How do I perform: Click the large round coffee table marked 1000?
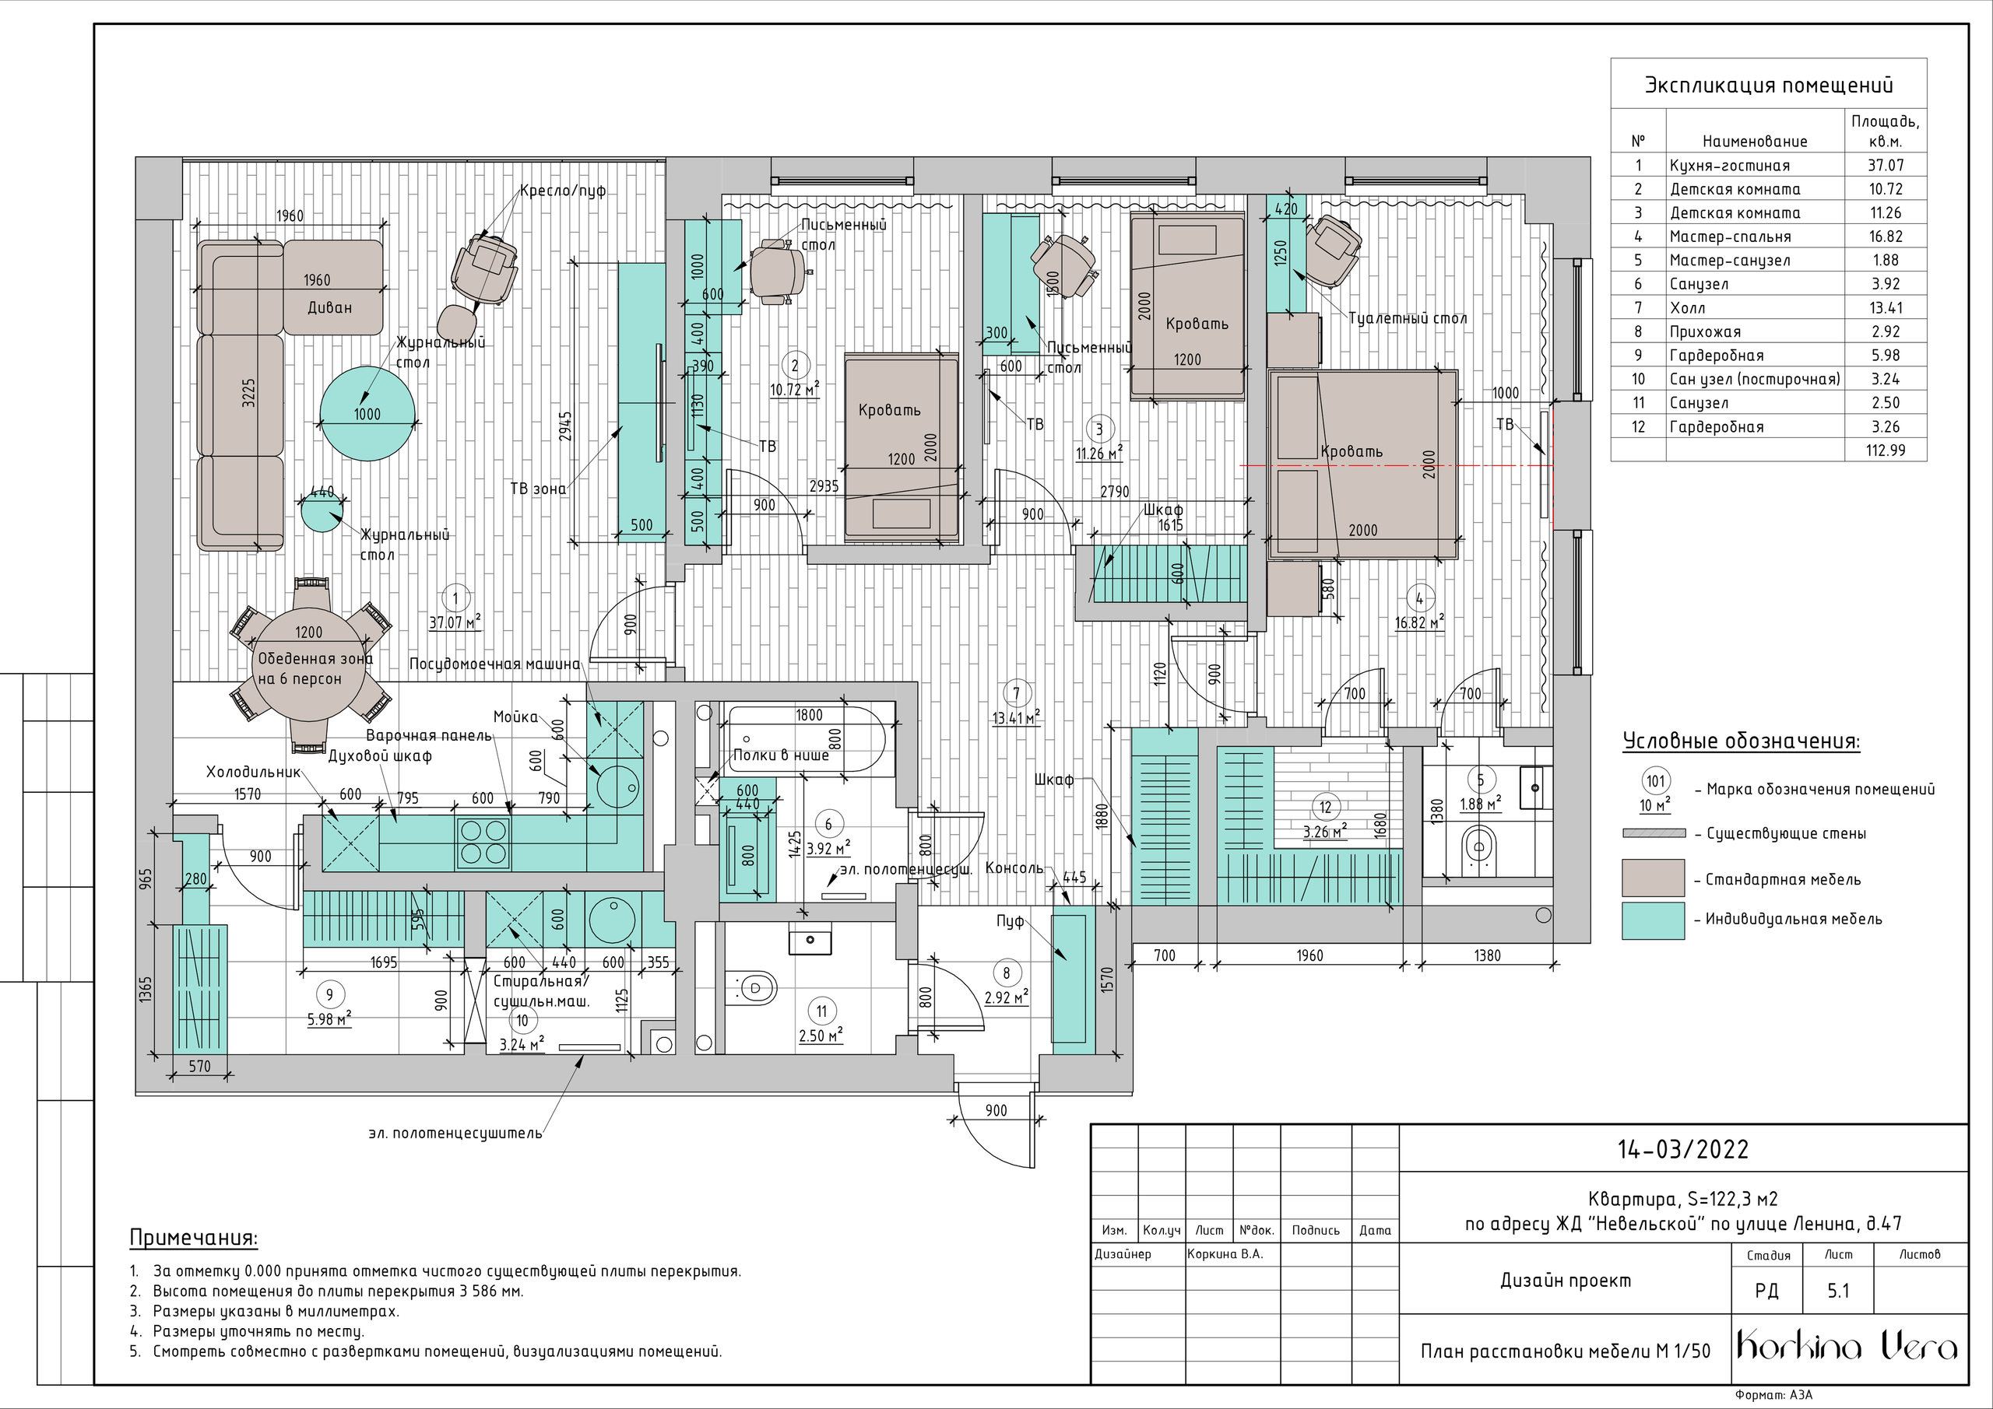click(367, 414)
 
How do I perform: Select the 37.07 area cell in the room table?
click(1885, 165)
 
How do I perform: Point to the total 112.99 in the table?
click(1885, 450)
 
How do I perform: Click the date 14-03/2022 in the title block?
click(1683, 1150)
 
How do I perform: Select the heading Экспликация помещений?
click(1769, 85)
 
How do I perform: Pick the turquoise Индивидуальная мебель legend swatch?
click(1654, 920)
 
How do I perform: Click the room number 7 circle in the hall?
click(1017, 692)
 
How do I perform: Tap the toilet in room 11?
click(752, 987)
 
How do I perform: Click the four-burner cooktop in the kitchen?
click(483, 843)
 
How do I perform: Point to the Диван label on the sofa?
click(330, 307)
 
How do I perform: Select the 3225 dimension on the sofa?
click(249, 392)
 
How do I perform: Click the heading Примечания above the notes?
click(194, 1237)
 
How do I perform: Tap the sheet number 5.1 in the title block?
click(1839, 1291)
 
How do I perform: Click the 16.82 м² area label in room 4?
click(1419, 622)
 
